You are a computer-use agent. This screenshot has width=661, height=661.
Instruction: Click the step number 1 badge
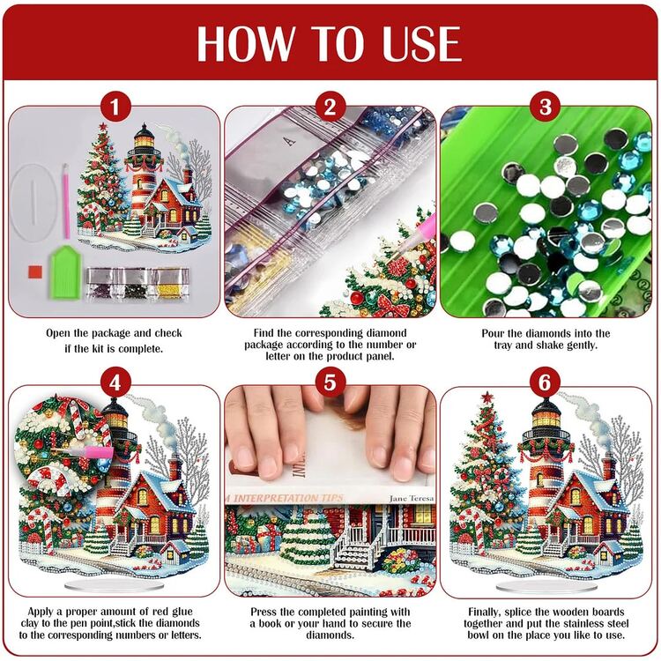click(x=115, y=107)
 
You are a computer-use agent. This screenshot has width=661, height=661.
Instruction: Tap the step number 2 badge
click(x=330, y=107)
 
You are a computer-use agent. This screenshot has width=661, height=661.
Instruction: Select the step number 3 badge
click(x=546, y=107)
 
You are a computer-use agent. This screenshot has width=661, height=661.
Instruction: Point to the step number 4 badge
click(x=115, y=382)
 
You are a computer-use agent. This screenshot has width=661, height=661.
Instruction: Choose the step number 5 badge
click(x=330, y=382)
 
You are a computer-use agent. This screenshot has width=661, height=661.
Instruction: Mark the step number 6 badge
click(x=546, y=382)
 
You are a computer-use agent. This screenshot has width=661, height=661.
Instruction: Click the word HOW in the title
click(x=245, y=43)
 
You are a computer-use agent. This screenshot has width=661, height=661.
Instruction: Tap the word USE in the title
click(x=421, y=43)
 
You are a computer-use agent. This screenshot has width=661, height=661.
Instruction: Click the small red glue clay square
click(x=36, y=272)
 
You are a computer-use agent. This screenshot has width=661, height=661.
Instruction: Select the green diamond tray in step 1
click(x=65, y=272)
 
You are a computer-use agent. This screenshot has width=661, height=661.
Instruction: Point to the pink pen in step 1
click(x=66, y=201)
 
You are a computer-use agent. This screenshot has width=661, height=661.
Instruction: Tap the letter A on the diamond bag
click(x=289, y=141)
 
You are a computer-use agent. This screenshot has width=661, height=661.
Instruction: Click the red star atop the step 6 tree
click(x=487, y=397)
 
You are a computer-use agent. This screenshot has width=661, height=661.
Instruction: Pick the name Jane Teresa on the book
click(x=412, y=498)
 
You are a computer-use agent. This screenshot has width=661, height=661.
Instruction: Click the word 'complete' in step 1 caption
click(x=140, y=349)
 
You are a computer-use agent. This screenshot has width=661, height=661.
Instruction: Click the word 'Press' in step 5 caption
click(x=264, y=612)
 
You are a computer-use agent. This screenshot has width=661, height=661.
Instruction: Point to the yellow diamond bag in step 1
click(x=172, y=283)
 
